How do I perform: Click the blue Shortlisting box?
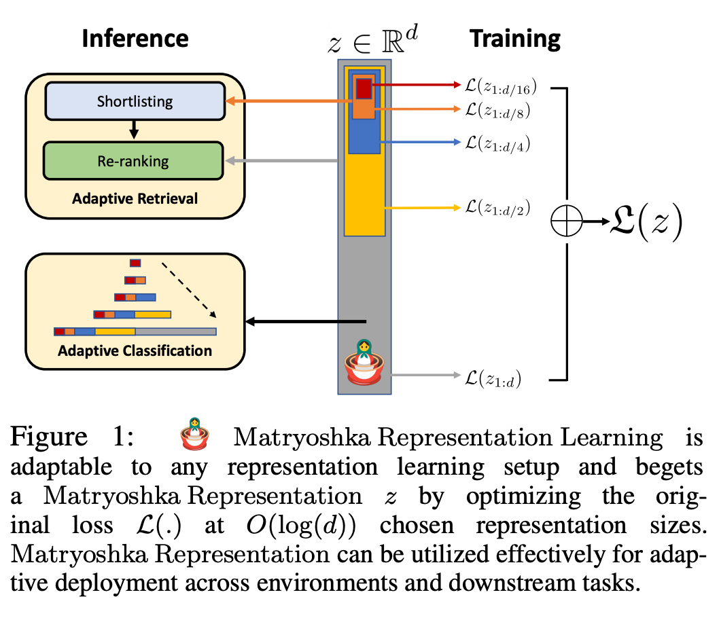pyautogui.click(x=135, y=102)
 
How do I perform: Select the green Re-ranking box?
pyautogui.click(x=135, y=161)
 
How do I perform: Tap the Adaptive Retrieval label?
pyautogui.click(x=135, y=198)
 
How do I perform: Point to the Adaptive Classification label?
pyautogui.click(x=135, y=351)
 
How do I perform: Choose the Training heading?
pyautogui.click(x=515, y=39)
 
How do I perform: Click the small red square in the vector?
pyautogui.click(x=364, y=88)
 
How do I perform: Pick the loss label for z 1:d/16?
pyautogui.click(x=500, y=86)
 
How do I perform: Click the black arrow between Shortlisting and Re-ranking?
pyautogui.click(x=134, y=129)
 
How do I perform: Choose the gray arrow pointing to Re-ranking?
pyautogui.click(x=282, y=161)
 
